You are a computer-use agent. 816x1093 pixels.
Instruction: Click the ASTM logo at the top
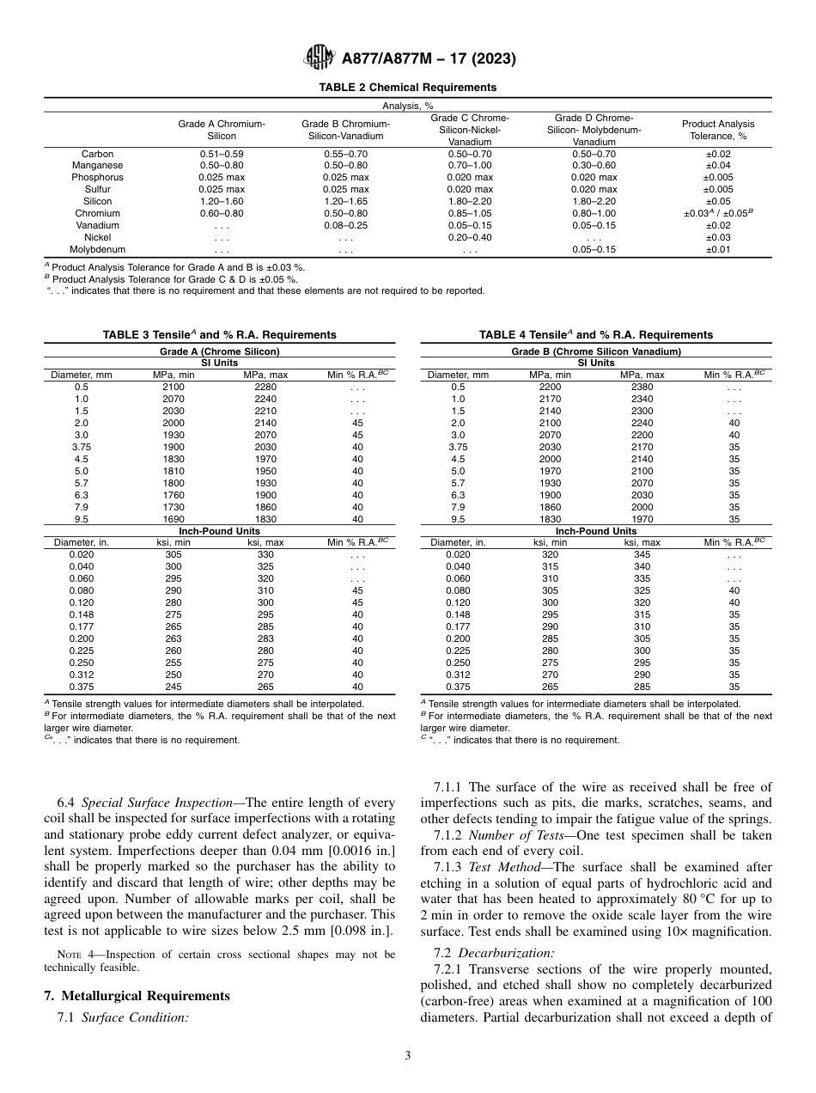[x=320, y=59]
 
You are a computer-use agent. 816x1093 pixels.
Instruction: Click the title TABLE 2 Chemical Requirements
[x=407, y=88]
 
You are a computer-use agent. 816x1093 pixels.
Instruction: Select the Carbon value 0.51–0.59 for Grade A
[x=222, y=154]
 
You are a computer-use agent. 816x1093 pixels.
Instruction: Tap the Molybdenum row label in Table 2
[x=97, y=249]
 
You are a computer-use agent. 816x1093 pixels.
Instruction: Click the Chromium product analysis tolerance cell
[x=717, y=213]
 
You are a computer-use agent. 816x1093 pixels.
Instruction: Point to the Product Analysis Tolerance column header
[x=717, y=130]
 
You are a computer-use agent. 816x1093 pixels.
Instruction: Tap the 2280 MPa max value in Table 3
[x=265, y=387]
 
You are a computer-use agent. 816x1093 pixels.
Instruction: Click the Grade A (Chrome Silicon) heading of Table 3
[x=220, y=351]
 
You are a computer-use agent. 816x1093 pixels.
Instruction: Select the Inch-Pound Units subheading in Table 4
[x=595, y=531]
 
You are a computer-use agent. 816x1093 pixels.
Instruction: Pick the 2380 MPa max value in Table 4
[x=642, y=387]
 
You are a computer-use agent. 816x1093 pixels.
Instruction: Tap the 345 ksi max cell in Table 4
[x=642, y=554]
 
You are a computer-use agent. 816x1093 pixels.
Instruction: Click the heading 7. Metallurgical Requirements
[x=137, y=996]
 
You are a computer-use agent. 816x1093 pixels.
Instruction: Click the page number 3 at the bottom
[x=407, y=1056]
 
